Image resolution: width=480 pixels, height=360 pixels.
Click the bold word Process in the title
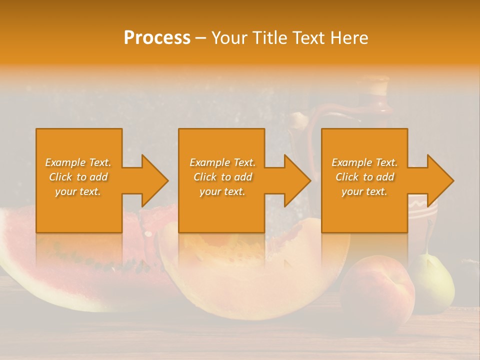click(x=157, y=38)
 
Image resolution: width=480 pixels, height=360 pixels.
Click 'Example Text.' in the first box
click(x=78, y=162)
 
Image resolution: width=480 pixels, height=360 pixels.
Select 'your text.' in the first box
click(x=78, y=191)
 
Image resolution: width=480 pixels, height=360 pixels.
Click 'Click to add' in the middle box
click(x=222, y=177)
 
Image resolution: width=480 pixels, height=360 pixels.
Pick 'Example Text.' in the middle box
click(x=222, y=162)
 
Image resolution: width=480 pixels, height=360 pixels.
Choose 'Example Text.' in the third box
click(x=364, y=162)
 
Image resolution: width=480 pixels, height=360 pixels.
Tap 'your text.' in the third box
click(x=364, y=191)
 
